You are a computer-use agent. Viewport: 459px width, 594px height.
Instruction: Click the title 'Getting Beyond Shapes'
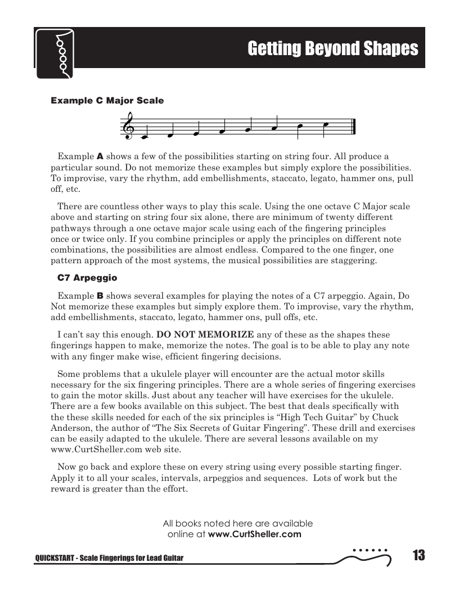pos(333,49)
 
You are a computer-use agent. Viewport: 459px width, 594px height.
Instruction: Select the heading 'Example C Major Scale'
pos(107,101)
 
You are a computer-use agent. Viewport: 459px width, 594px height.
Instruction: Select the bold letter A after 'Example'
pos(101,156)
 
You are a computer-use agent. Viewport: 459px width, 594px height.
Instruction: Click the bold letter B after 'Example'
pos(101,295)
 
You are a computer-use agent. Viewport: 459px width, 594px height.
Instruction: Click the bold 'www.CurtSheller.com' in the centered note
pos(255,534)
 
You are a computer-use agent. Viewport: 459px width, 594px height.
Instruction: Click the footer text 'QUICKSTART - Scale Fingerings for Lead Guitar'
pos(110,557)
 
